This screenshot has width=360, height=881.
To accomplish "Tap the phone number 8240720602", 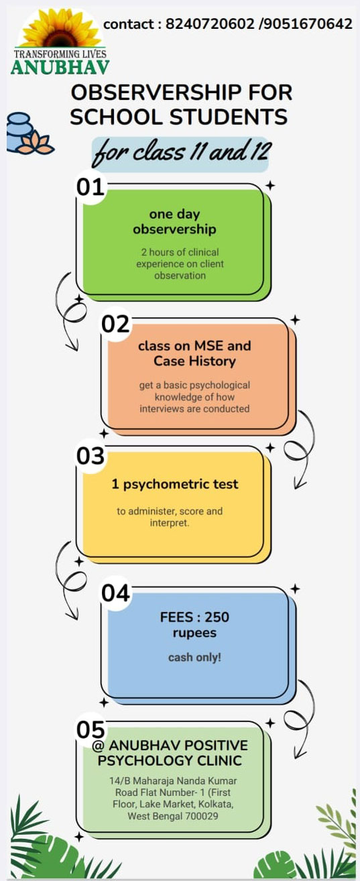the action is coord(210,24).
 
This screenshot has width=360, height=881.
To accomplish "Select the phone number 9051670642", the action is coord(308,24).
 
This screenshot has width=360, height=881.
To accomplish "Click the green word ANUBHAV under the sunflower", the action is coord(60,68).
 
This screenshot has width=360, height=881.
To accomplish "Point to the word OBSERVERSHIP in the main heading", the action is coord(156,93).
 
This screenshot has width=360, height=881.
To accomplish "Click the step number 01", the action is coord(91,187).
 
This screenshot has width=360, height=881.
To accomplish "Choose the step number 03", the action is coord(91,456).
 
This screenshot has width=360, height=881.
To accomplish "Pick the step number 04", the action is coord(115,593).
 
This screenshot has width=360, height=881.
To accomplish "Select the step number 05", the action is coord(91,730).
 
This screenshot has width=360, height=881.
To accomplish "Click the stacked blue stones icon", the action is coord(19,132).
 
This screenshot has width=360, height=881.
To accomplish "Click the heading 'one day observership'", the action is coord(174,221).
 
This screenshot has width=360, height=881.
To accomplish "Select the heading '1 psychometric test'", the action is coord(175,484).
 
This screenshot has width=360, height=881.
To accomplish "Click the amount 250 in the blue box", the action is coord(217,617).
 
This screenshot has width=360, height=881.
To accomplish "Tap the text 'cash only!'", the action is coord(194,657).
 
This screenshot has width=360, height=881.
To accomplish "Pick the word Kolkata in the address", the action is coord(216,804).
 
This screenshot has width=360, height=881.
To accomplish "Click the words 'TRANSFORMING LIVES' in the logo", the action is coord(60,54).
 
